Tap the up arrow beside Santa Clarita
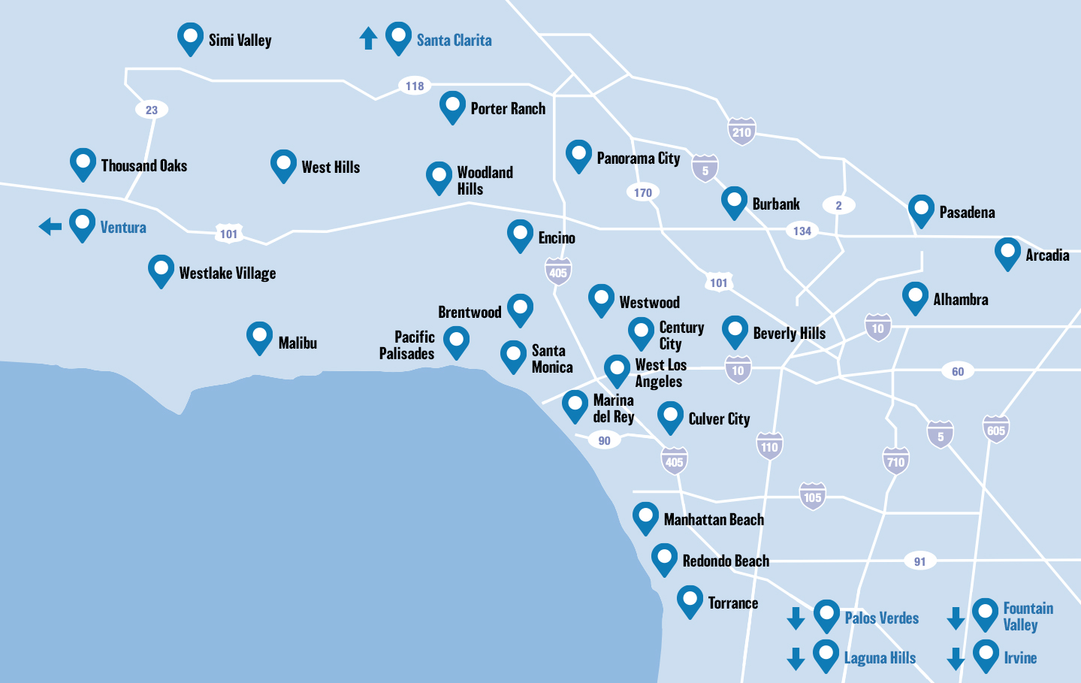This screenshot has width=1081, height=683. coord(368,38)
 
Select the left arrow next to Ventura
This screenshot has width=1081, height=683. coord(50,226)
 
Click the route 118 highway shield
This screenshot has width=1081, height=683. coord(415,86)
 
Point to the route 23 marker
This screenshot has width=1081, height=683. coord(152,110)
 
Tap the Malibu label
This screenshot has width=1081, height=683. coord(297,343)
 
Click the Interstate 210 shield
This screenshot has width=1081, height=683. coord(741,131)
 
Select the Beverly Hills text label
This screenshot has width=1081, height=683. coord(789,334)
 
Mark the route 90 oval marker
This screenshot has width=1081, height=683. coord(605,440)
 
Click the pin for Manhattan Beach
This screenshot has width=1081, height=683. coord(645,517)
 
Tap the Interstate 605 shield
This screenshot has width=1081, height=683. coord(995,430)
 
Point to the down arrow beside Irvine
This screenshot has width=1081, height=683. coord(956,658)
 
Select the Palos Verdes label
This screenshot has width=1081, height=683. coord(881,618)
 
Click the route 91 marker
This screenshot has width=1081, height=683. coord(920,561)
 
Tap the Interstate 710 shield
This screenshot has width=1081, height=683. coord(895,461)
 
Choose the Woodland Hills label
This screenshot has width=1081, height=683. coord(485,180)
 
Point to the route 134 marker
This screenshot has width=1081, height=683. coord(802,231)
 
